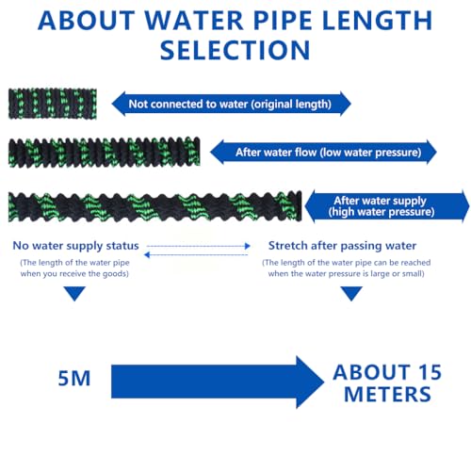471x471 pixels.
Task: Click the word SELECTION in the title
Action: pos(235,50)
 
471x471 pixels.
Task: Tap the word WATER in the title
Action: pos(194,21)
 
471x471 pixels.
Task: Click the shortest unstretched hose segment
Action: pos(53,104)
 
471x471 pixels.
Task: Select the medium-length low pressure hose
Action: pos(104,153)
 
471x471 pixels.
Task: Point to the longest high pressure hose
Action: pos(154,206)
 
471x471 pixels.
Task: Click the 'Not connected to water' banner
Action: pos(231,104)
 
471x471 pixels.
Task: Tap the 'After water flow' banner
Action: pos(323,153)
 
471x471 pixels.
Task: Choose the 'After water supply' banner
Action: pos(387,206)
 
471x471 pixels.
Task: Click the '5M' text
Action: pos(74,378)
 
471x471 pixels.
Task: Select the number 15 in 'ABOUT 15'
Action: pos(430,372)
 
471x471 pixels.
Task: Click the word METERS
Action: pos(387,394)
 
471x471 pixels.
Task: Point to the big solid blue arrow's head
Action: pos(310,382)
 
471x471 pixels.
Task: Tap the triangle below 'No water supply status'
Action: pos(74,293)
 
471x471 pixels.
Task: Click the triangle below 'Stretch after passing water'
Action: pos(351,293)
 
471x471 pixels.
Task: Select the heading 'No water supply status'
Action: pos(75,246)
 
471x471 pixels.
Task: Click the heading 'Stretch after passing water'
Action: pos(342,246)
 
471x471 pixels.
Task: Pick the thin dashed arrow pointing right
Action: pos(199,246)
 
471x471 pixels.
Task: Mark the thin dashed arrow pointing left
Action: pos(196,254)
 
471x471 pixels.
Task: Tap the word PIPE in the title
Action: pos(283,21)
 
